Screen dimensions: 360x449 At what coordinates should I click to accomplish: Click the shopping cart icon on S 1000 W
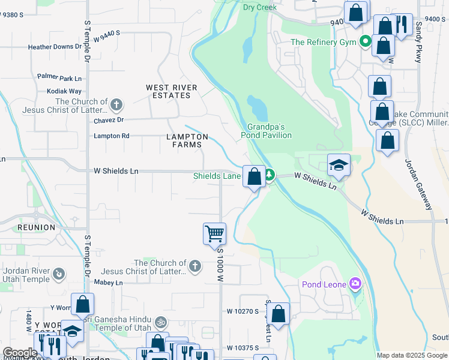point(214,233)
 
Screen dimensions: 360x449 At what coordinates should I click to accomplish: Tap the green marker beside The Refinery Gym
point(364,42)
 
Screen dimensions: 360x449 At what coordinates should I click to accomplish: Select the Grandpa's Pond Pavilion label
point(270,131)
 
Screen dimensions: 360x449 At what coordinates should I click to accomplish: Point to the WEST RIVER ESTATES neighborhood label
point(172,92)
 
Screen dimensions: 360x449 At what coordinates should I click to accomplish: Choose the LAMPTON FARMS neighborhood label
point(187,140)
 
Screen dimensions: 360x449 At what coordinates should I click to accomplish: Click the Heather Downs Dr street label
point(55,47)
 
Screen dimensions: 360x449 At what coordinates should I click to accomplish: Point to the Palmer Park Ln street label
point(59,78)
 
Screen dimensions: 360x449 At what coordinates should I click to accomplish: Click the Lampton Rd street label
point(112,136)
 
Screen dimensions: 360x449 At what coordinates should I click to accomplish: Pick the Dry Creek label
point(259,7)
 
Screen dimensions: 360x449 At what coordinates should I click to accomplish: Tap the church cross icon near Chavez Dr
point(116,106)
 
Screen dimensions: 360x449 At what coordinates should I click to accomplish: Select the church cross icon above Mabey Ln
point(194,266)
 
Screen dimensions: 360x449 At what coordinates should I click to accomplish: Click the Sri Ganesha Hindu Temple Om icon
point(160,322)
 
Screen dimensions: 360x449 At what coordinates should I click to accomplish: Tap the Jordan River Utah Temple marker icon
point(59,275)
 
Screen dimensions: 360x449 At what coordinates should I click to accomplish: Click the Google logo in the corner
point(20,353)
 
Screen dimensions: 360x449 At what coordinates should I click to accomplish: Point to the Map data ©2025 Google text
point(412,355)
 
